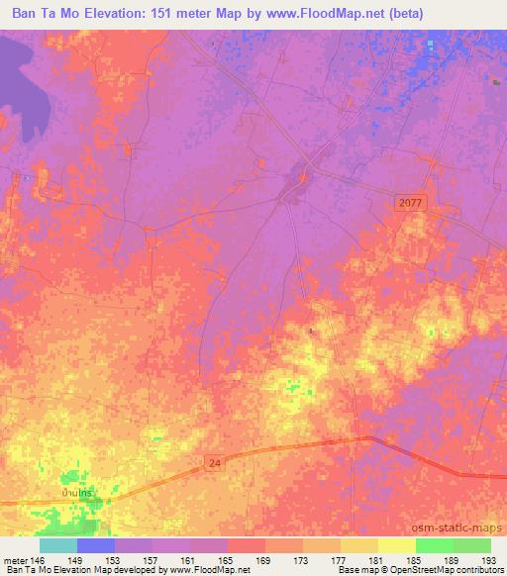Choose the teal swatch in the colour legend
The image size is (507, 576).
pyautogui.click(x=58, y=544)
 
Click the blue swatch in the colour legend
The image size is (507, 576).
pyautogui.click(x=96, y=544)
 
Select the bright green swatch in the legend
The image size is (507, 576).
pyautogui.click(x=435, y=544)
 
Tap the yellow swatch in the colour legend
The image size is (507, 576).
pyautogui.click(x=397, y=544)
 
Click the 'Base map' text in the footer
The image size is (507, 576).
pyautogui.click(x=356, y=570)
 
